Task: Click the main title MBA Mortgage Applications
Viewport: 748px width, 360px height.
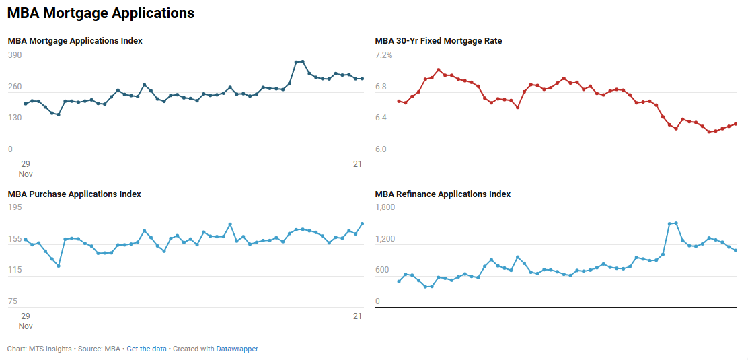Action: pyautogui.click(x=101, y=13)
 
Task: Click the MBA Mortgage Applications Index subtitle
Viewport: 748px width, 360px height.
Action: pyautogui.click(x=75, y=41)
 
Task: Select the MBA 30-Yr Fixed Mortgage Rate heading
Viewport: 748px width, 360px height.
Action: pyautogui.click(x=438, y=41)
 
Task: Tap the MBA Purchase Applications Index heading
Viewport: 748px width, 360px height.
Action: pyautogui.click(x=74, y=194)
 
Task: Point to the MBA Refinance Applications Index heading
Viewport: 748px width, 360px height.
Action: pyautogui.click(x=443, y=194)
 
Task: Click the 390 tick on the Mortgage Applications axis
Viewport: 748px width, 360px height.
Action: pyautogui.click(x=15, y=55)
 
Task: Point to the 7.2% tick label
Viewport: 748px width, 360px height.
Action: pyautogui.click(x=383, y=55)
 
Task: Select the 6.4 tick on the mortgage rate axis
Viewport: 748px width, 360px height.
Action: pyautogui.click(x=381, y=118)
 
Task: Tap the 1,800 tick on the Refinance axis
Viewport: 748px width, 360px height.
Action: pyautogui.click(x=385, y=208)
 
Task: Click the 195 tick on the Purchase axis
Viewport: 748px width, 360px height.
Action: pyautogui.click(x=15, y=208)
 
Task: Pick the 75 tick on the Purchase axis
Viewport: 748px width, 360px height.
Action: pyautogui.click(x=12, y=301)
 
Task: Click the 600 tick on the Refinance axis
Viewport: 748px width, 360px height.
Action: pyautogui.click(x=382, y=271)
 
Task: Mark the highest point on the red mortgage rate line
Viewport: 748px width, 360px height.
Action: pyautogui.click(x=438, y=70)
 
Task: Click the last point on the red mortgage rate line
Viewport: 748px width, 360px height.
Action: pyautogui.click(x=736, y=124)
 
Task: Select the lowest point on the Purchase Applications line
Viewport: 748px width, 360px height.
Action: pyautogui.click(x=59, y=266)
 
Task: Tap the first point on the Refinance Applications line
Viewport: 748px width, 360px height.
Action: pyautogui.click(x=399, y=281)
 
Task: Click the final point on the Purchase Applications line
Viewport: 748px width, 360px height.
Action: pyautogui.click(x=363, y=224)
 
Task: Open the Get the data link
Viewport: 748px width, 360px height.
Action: pyautogui.click(x=147, y=349)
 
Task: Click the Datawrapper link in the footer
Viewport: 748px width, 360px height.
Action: pyautogui.click(x=237, y=349)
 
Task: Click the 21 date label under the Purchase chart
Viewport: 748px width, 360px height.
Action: pyautogui.click(x=358, y=316)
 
